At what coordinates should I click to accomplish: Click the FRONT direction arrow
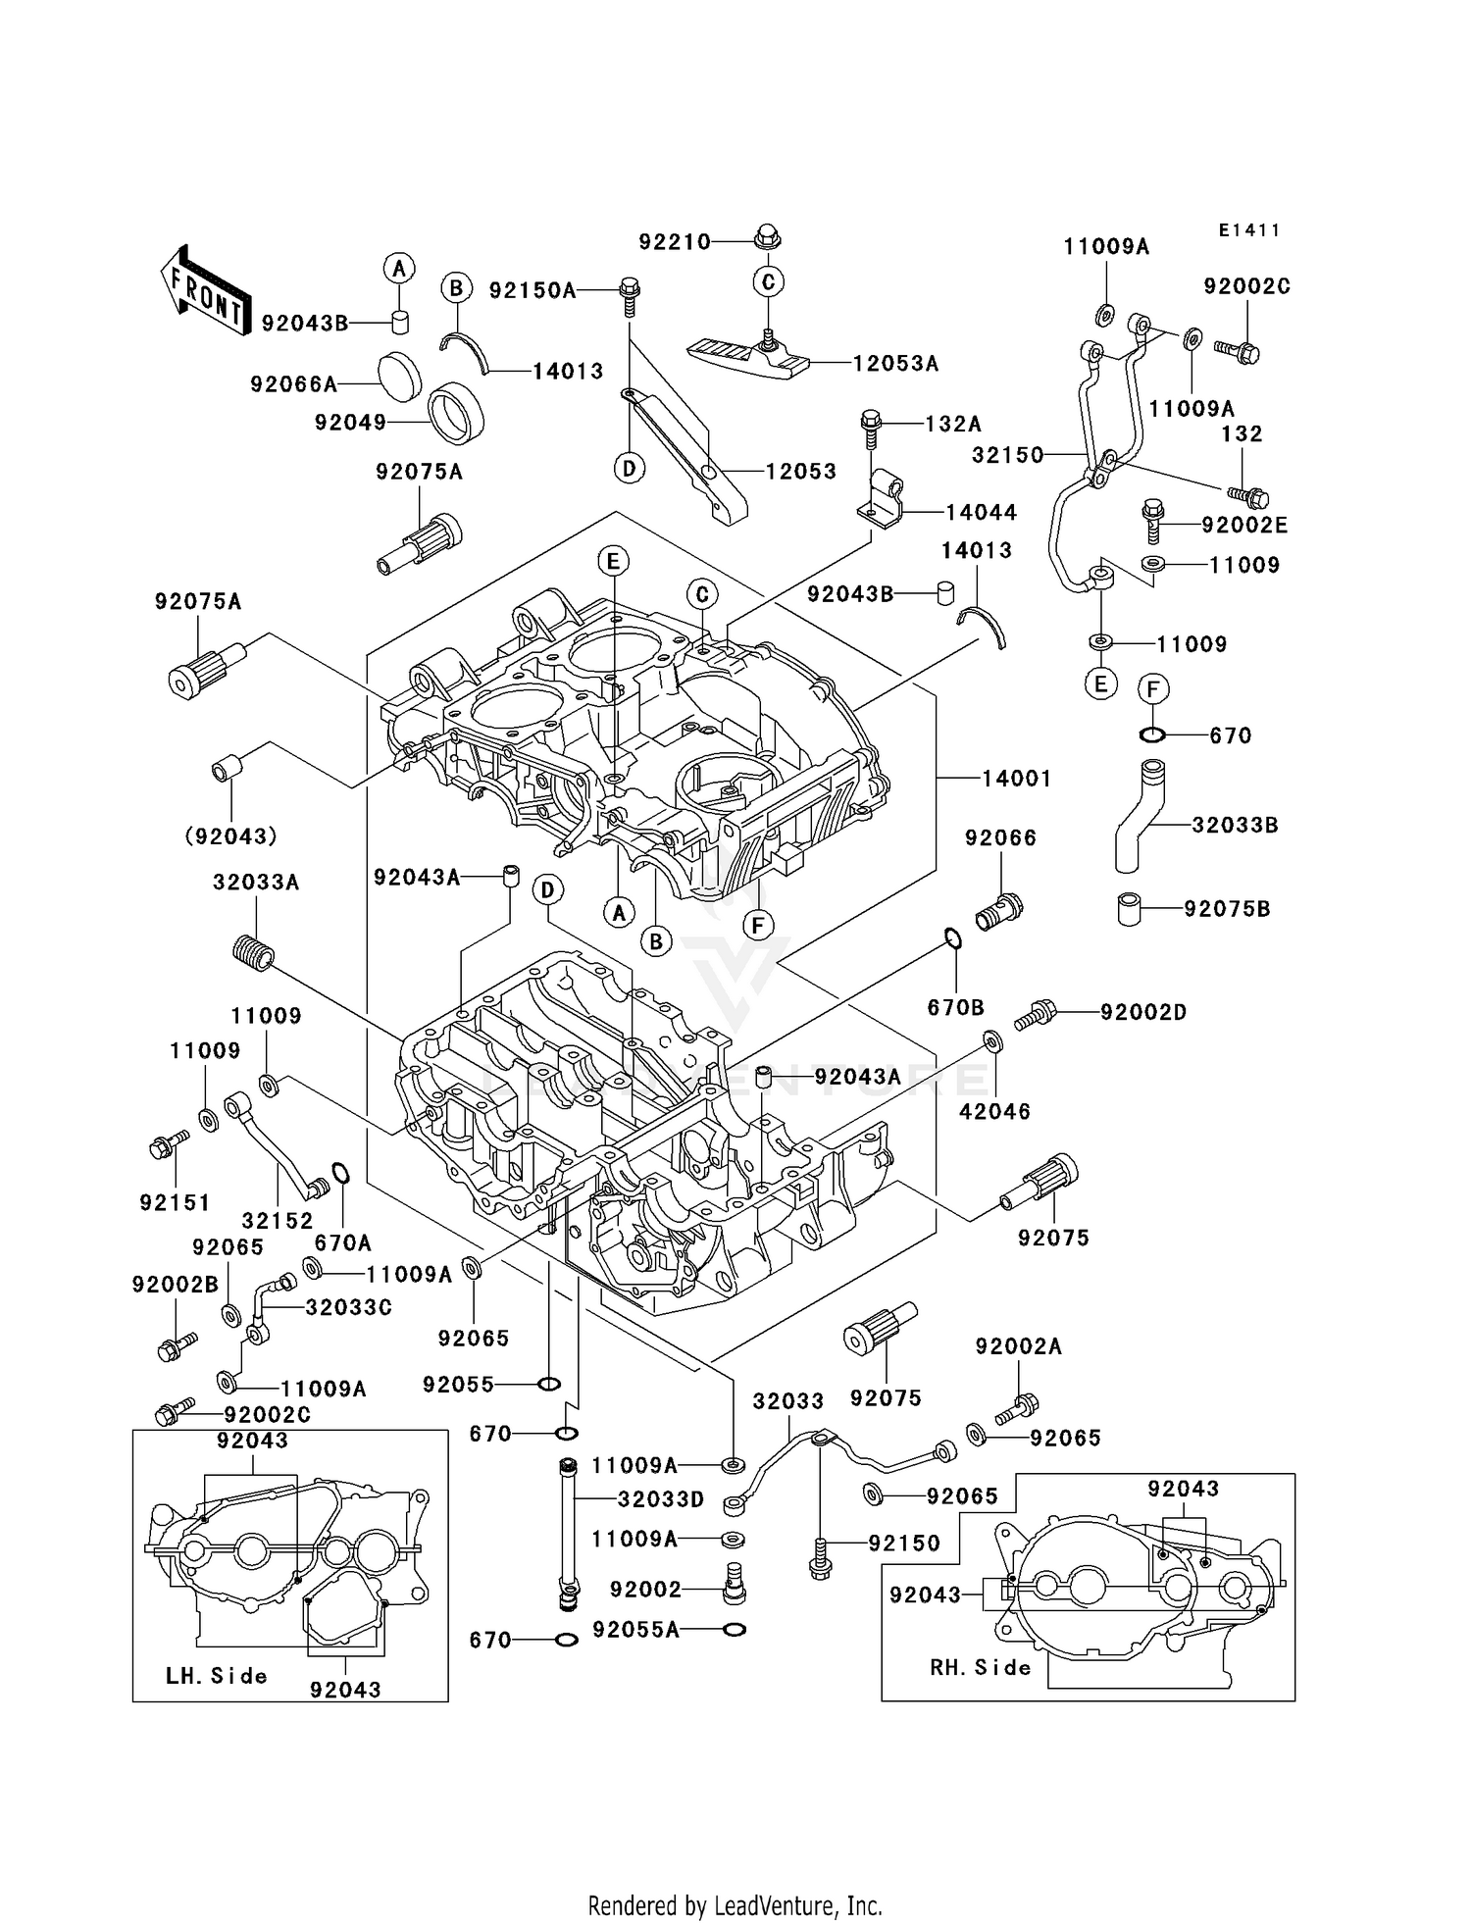pos(204,290)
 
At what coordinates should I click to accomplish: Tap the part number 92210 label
pos(675,242)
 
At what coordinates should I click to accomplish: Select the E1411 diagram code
pos(1249,230)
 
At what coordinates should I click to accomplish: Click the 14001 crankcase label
pos(1017,779)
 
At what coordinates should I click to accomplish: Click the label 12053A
pos(895,364)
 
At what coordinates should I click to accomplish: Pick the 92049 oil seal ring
pos(458,411)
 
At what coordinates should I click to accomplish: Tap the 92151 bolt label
pos(175,1202)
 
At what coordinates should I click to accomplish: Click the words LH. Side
pos(216,1676)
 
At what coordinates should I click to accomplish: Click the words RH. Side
pos(980,1668)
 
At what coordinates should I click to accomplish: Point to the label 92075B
pos(1227,909)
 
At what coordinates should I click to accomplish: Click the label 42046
pos(994,1111)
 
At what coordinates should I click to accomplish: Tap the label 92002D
pos(1142,1012)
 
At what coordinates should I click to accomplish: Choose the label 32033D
pos(661,1499)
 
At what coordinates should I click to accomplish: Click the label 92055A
pos(635,1630)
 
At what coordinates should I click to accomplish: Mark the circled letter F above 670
pos(1153,689)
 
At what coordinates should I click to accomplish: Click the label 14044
pos(981,512)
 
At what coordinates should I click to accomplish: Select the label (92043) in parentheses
pos(230,836)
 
